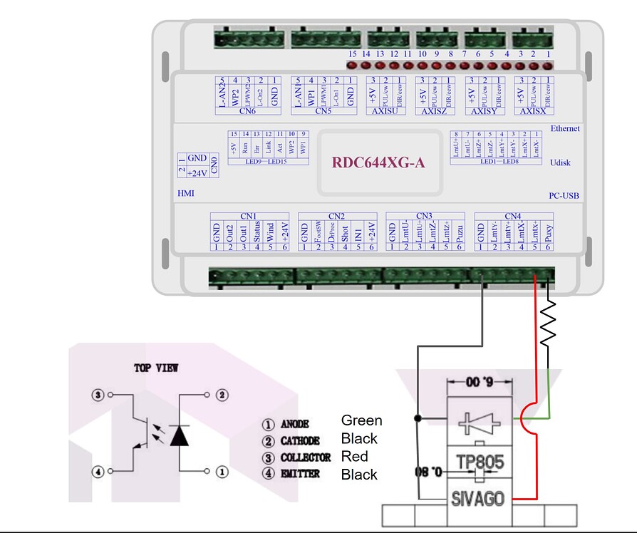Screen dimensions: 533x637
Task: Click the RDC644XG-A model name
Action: [x=378, y=162]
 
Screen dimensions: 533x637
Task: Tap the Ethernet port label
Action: [x=565, y=128]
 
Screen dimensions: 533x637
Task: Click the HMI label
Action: [x=185, y=193]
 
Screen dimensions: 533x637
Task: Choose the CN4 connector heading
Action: [x=512, y=215]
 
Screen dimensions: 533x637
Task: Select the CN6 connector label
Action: [x=247, y=111]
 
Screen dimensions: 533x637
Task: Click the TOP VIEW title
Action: [x=156, y=368]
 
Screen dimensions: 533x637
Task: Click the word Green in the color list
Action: [x=361, y=420]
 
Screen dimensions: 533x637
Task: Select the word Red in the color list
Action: [x=353, y=456]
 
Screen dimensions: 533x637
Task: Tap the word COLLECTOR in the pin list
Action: [x=306, y=457]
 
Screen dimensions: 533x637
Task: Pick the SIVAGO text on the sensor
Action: [x=478, y=497]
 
